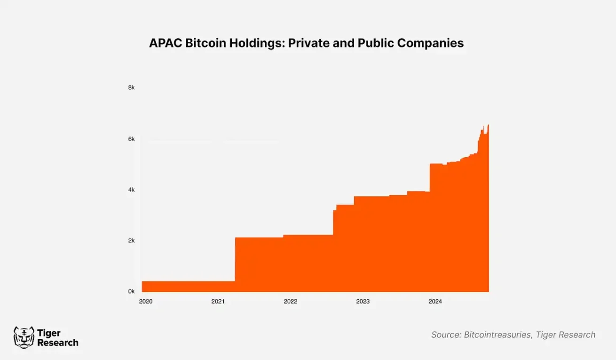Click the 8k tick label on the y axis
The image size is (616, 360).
pyautogui.click(x=131, y=88)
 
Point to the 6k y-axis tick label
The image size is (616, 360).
pyautogui.click(x=131, y=139)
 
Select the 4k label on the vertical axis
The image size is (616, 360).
pyautogui.click(x=131, y=190)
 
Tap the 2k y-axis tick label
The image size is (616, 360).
pyautogui.click(x=131, y=240)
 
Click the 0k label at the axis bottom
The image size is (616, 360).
pyautogui.click(x=131, y=291)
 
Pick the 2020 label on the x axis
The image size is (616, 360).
pyautogui.click(x=145, y=301)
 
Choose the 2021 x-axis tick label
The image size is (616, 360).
pyautogui.click(x=218, y=301)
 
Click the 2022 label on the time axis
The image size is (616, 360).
pyautogui.click(x=290, y=301)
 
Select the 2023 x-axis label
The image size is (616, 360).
pyautogui.click(x=363, y=301)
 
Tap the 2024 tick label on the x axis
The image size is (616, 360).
pyautogui.click(x=435, y=301)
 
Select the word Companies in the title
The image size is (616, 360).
pyautogui.click(x=430, y=43)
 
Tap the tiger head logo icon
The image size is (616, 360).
pyautogui.click(x=23, y=337)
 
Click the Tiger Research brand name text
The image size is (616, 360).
pyautogui.click(x=57, y=338)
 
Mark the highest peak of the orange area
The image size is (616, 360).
pyautogui.click(x=488, y=125)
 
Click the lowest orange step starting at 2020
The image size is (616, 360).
pyautogui.click(x=188, y=286)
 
